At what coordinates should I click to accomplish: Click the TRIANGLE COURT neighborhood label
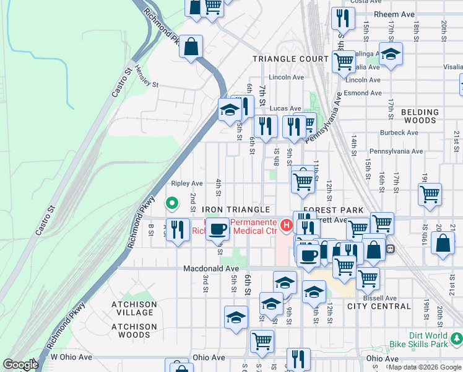(x=290, y=59)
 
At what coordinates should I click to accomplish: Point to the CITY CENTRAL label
(x=379, y=306)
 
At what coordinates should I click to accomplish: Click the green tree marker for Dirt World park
(x=456, y=339)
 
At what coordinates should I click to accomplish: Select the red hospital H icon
(x=286, y=224)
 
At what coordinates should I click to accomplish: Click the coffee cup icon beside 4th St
(x=217, y=229)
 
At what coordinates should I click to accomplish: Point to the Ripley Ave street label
(x=187, y=184)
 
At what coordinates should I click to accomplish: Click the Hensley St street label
(x=147, y=77)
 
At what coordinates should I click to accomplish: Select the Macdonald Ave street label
(x=211, y=268)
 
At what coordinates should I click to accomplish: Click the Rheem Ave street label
(x=389, y=14)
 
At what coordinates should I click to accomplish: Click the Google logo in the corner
(x=20, y=365)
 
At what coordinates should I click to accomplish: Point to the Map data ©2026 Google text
(x=425, y=367)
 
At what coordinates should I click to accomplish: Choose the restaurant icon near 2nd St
(x=178, y=229)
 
